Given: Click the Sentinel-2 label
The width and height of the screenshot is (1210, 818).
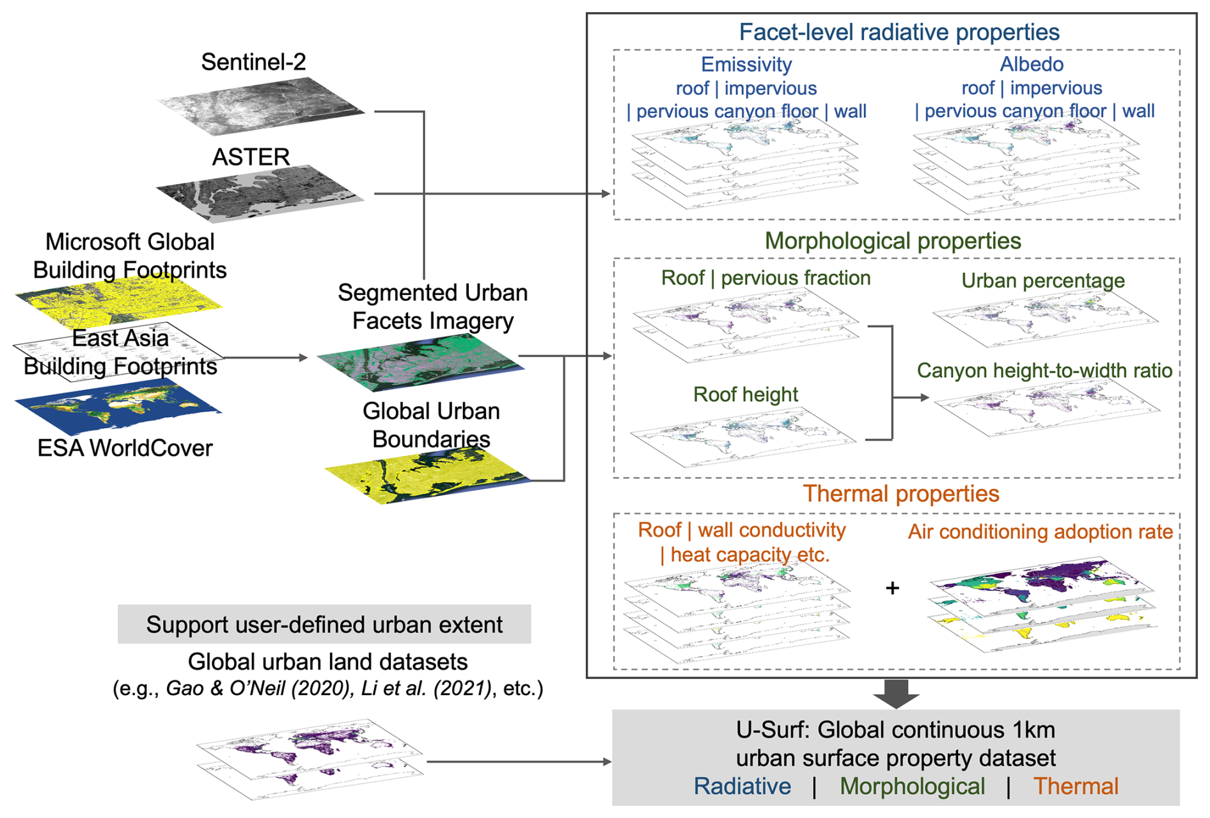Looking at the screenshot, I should (253, 62).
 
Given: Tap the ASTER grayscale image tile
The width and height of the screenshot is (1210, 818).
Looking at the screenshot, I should (260, 194).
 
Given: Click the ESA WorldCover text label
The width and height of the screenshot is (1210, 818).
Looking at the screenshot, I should (125, 448).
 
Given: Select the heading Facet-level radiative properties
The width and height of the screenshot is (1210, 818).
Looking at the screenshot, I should (899, 32).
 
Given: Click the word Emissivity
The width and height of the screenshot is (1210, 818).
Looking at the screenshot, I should (746, 64).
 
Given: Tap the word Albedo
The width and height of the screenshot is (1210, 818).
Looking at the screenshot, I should (1032, 64).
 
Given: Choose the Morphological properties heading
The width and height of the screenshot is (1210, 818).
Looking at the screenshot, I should (893, 241).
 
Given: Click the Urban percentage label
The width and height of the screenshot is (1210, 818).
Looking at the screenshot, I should (1042, 280).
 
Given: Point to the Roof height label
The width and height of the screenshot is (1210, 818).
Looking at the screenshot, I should (746, 394).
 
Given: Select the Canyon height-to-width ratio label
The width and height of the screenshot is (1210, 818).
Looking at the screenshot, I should (1044, 371).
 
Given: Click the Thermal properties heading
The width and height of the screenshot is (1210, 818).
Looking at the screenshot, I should (900, 493).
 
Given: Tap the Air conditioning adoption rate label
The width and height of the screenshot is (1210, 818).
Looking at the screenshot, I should (1041, 531).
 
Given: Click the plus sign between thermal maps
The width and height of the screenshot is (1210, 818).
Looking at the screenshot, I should (892, 588).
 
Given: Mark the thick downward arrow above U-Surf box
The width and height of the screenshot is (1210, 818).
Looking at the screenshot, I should (896, 693).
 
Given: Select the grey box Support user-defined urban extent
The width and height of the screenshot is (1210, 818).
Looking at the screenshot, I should (324, 624).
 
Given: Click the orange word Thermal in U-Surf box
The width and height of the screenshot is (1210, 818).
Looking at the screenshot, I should (1076, 786).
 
